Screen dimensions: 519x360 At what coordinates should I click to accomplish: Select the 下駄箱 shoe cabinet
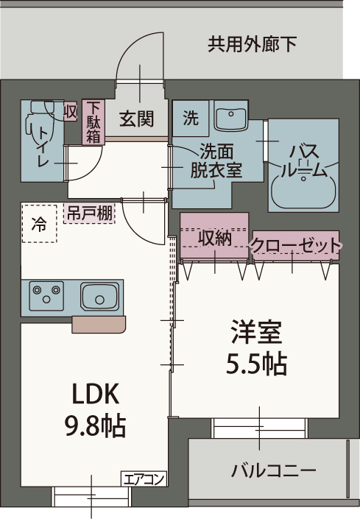point(93,122)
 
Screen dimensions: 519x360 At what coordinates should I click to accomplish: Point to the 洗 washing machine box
point(191,117)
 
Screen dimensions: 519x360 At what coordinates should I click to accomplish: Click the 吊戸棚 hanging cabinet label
point(90,214)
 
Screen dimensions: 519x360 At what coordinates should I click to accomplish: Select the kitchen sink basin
point(99,297)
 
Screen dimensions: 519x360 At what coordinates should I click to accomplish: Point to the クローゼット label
point(296,244)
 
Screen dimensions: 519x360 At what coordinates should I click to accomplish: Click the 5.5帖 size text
point(255,363)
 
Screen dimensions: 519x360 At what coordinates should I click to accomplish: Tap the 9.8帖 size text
point(95,425)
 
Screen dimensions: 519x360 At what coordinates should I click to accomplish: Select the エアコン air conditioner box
point(144,479)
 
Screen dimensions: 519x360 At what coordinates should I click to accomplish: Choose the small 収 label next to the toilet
point(71,113)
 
